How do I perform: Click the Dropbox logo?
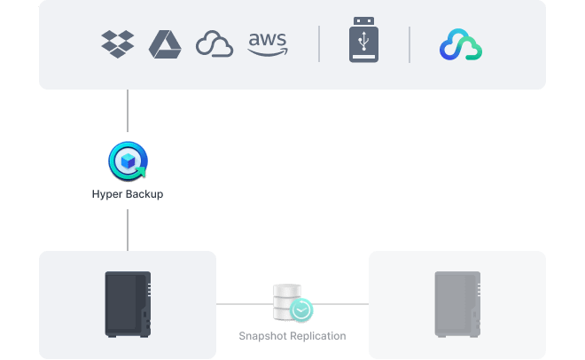pyautogui.click(x=118, y=43)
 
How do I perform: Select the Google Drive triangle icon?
pyautogui.click(x=165, y=43)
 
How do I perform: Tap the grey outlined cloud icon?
pyautogui.click(x=214, y=43)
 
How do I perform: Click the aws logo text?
pyautogui.click(x=267, y=39)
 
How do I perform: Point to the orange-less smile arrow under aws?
pyautogui.click(x=268, y=52)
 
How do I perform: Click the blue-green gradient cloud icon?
pyautogui.click(x=461, y=44)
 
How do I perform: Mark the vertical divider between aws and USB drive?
pyautogui.click(x=319, y=43)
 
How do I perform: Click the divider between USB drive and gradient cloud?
pyautogui.click(x=409, y=43)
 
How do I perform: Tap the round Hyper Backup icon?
pyautogui.click(x=128, y=161)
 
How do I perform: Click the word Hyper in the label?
pyautogui.click(x=105, y=193)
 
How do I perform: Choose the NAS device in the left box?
pyautogui.click(x=128, y=304)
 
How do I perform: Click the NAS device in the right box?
pyautogui.click(x=456, y=304)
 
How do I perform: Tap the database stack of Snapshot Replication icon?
pyautogui.click(x=286, y=301)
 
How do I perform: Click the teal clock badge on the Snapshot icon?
pyautogui.click(x=302, y=310)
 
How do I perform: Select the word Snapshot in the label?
pyautogui.click(x=264, y=337)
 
